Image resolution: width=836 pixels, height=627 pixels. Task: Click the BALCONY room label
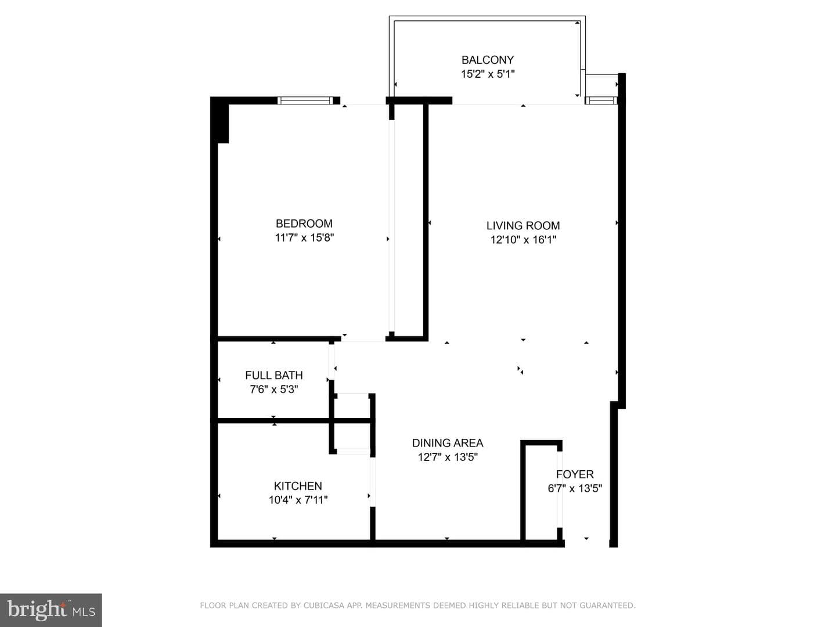(x=488, y=60)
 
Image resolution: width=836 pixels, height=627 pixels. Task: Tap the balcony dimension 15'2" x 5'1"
(x=488, y=74)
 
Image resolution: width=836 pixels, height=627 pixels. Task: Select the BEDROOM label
(x=304, y=224)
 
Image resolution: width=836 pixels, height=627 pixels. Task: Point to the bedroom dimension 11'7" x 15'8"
(x=304, y=237)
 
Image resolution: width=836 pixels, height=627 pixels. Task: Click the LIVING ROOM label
(x=523, y=226)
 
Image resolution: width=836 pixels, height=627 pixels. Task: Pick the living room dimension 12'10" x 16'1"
(x=523, y=240)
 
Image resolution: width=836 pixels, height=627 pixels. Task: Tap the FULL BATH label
(x=274, y=376)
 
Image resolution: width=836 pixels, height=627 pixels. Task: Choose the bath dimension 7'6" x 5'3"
(x=274, y=390)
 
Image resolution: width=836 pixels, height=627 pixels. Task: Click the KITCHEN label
(x=298, y=486)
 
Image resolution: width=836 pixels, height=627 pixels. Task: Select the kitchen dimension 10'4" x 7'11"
(x=298, y=500)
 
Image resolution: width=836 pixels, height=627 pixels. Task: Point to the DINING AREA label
(x=448, y=443)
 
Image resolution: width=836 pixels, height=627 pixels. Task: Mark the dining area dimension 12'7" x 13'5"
(x=448, y=457)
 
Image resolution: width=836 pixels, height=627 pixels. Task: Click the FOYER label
(x=575, y=474)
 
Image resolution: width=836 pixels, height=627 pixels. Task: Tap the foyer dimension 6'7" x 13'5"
(x=575, y=488)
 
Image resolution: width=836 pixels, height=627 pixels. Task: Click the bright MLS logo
(x=51, y=610)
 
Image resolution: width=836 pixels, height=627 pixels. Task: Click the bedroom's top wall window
(x=305, y=100)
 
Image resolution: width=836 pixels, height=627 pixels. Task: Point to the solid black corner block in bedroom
(x=220, y=120)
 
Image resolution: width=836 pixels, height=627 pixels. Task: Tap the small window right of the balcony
(x=601, y=100)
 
